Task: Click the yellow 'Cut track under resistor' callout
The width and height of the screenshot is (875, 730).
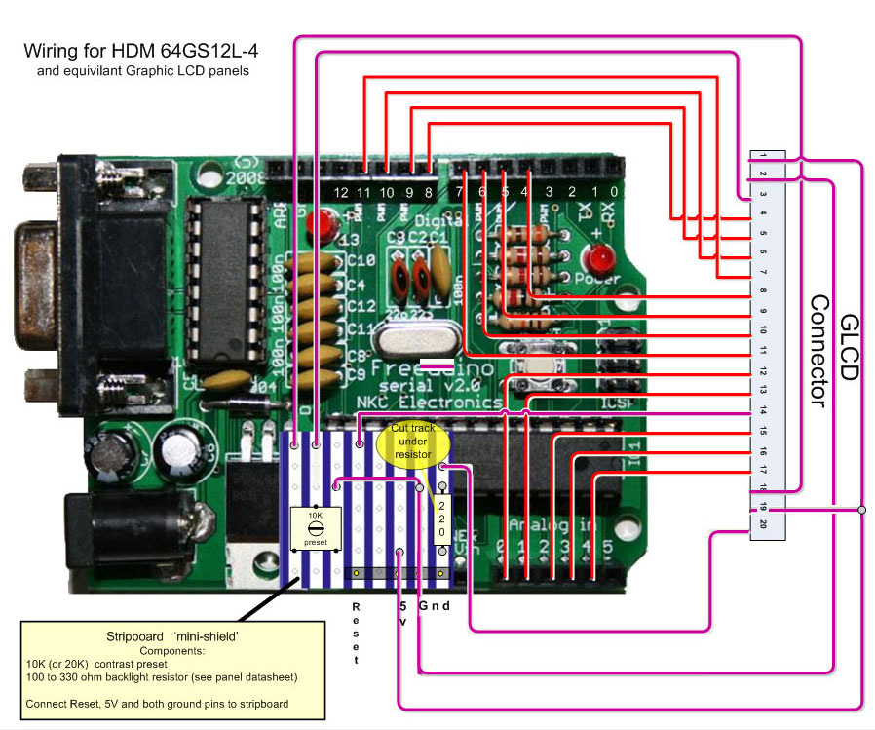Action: click(x=413, y=442)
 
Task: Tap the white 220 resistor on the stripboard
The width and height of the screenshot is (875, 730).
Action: click(x=441, y=519)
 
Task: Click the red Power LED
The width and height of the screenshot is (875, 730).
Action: click(x=596, y=260)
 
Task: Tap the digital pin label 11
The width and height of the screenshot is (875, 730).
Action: click(x=364, y=193)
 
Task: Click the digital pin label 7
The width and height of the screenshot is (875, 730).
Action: click(x=459, y=192)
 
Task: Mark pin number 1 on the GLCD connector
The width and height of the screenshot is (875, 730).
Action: click(x=763, y=157)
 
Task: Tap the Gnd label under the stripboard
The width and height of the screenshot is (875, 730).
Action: click(x=435, y=606)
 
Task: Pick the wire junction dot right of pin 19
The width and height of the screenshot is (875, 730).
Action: click(x=862, y=509)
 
